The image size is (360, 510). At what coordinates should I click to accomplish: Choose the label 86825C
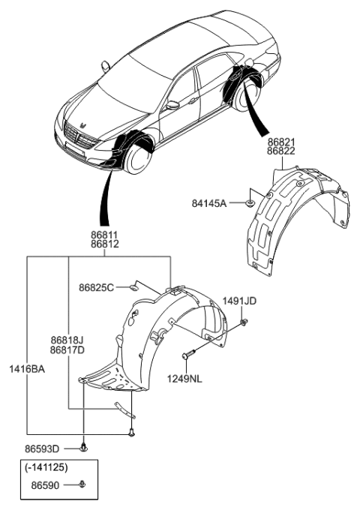(x=95, y=287)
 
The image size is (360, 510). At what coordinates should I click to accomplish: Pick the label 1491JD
(x=239, y=301)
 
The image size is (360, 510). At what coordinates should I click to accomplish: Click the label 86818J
(x=67, y=340)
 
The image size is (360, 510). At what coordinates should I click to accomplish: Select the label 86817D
(x=67, y=349)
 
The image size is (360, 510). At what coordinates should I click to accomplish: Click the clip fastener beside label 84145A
(x=251, y=202)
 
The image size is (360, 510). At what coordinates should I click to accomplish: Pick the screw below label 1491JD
(x=244, y=322)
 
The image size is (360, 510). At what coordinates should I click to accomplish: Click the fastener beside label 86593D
(x=83, y=447)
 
